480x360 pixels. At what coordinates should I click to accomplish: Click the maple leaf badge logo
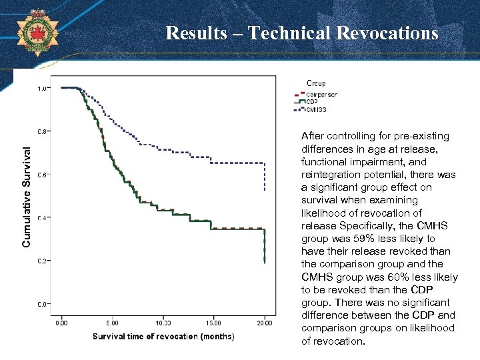coord(37,31)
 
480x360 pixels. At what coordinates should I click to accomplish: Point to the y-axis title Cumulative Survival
coord(27,189)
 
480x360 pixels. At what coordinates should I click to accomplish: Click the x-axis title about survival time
coord(163,337)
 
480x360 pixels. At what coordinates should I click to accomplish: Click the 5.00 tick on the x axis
coord(112,323)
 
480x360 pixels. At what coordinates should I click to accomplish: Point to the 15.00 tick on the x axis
coord(213,323)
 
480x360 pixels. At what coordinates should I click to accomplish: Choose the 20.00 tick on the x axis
coord(264,323)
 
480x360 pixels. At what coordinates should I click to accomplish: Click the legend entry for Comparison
coord(321,95)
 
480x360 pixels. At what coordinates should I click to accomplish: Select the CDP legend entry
coord(312,102)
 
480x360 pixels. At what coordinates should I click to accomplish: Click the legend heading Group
coord(316,83)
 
